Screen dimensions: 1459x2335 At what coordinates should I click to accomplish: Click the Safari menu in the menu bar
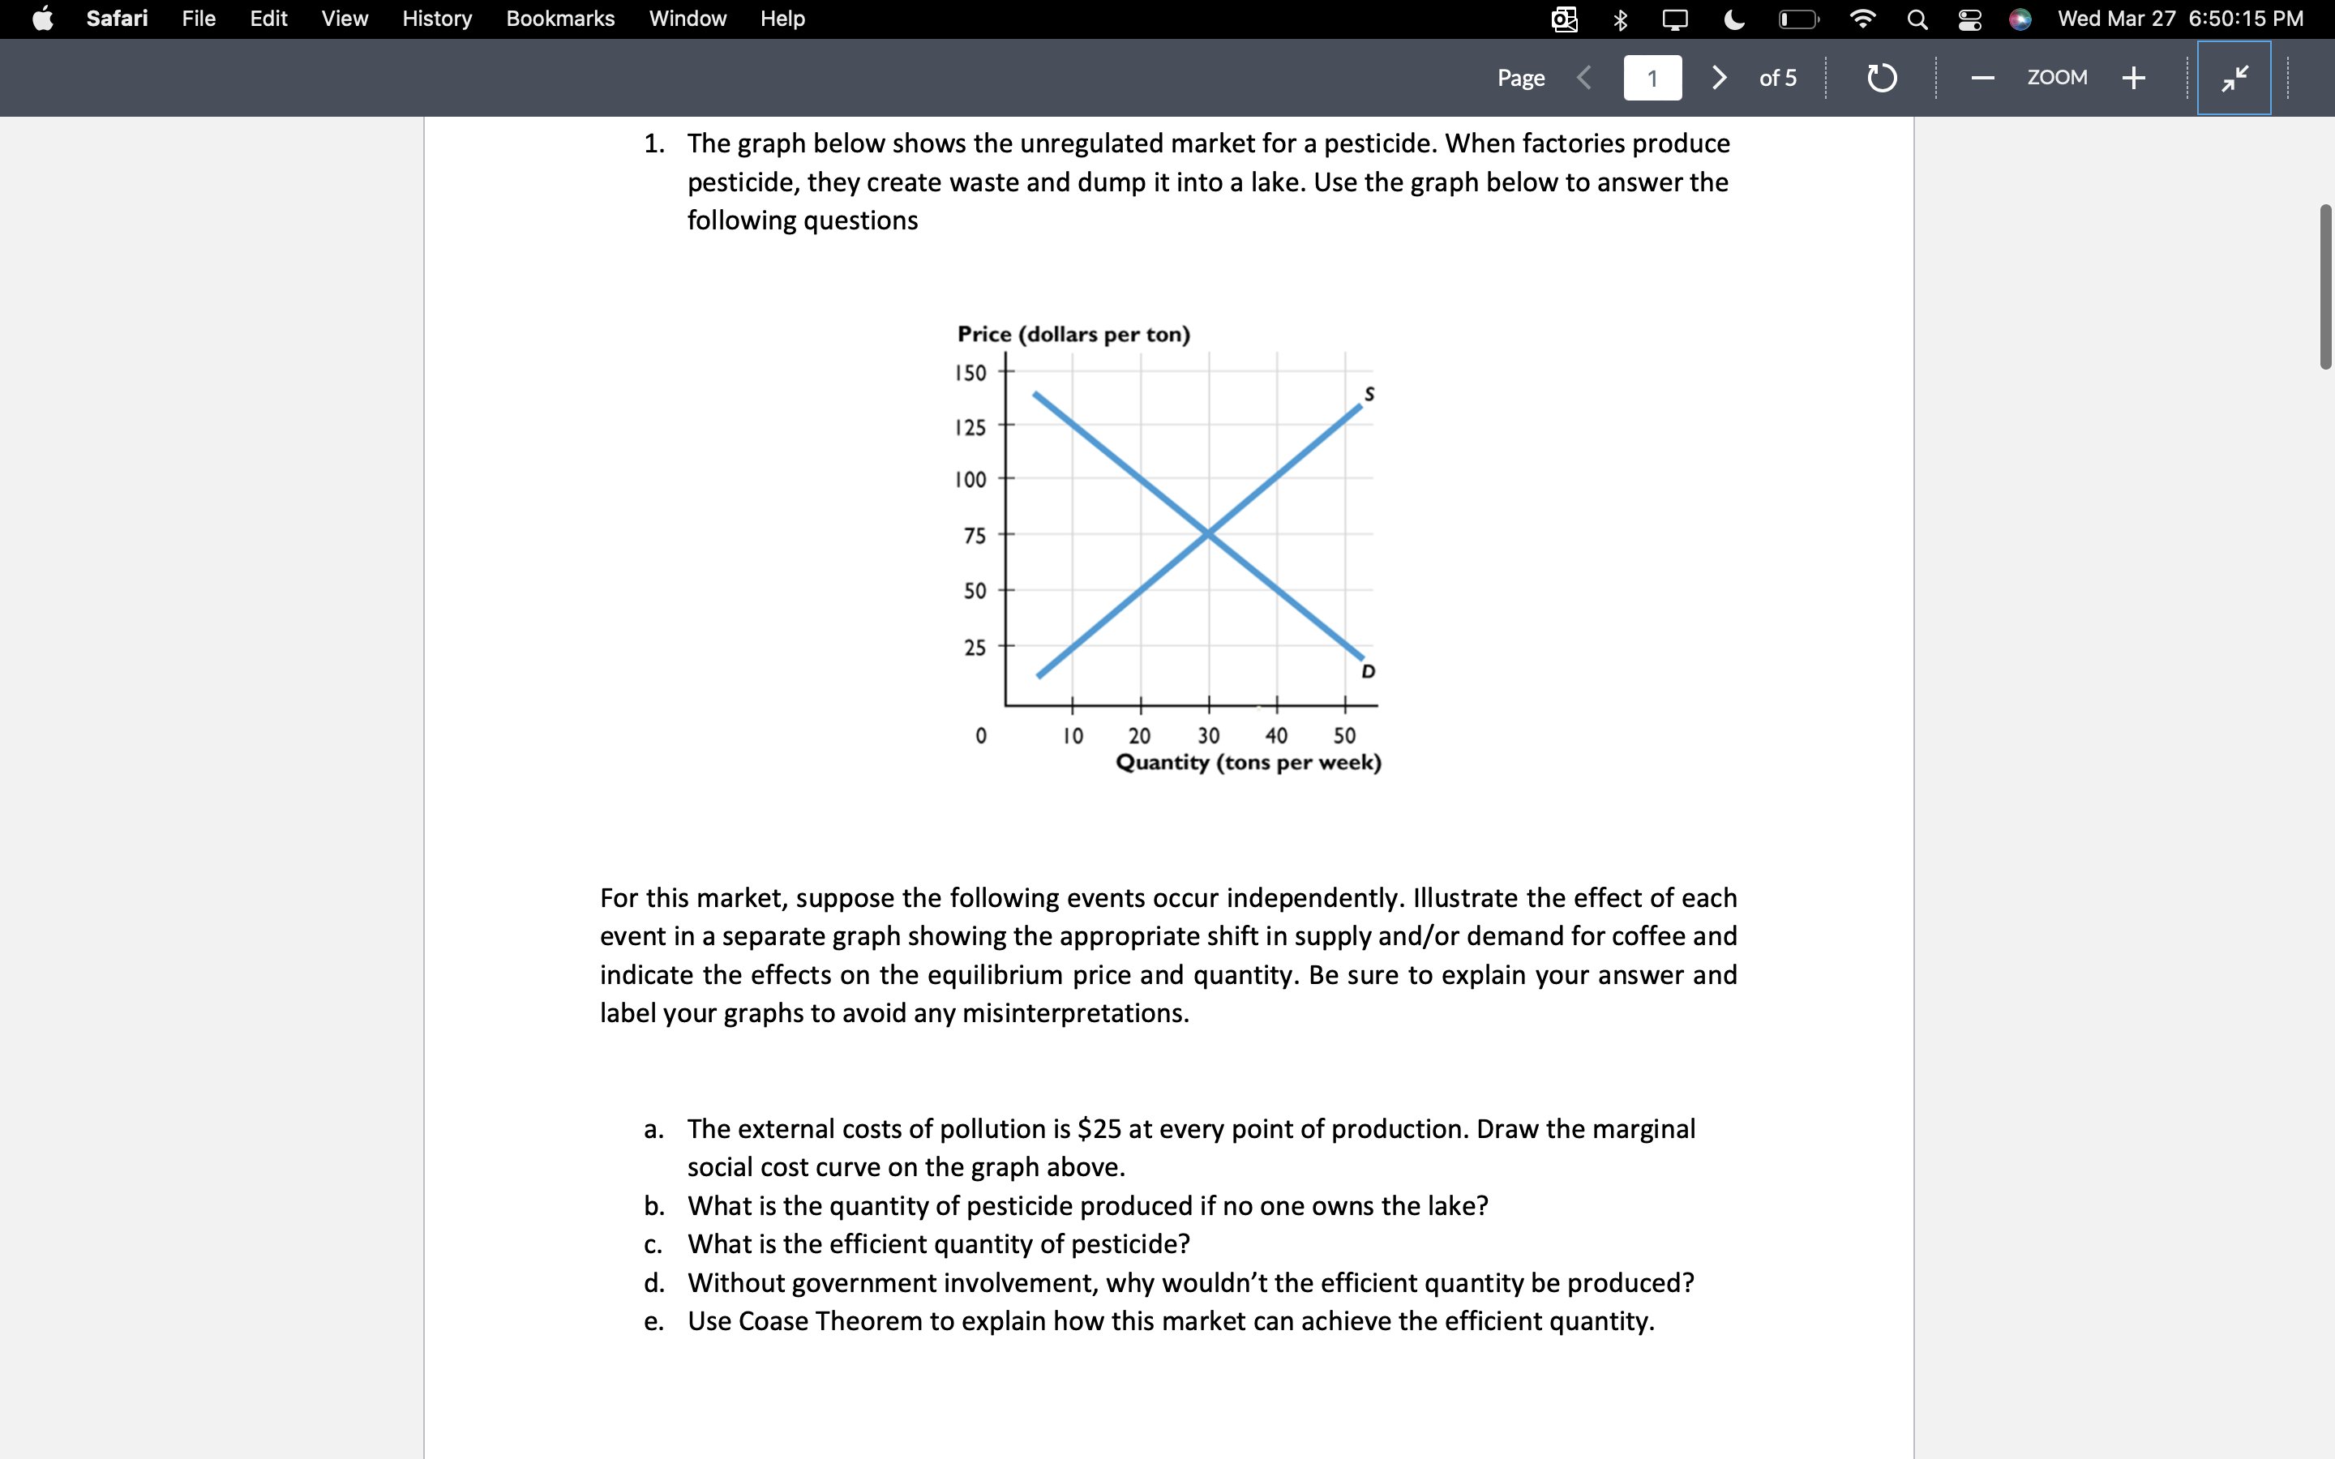coord(117,19)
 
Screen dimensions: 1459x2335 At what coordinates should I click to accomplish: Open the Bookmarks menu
coord(559,19)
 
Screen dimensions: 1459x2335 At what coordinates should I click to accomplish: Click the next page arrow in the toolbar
coord(1719,77)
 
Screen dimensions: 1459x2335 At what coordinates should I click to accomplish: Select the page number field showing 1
coord(1652,78)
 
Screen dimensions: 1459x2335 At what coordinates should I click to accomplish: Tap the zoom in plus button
coord(2133,77)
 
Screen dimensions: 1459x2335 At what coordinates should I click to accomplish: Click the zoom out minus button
coord(1983,77)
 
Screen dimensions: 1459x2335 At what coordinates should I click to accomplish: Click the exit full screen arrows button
coord(2234,77)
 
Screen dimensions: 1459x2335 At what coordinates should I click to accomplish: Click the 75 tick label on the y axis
coord(975,536)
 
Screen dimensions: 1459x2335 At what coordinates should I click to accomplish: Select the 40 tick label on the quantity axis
coord(1275,735)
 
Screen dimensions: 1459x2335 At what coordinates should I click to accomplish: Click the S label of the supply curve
coord(1369,394)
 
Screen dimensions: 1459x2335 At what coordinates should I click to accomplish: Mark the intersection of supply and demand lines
coord(1208,533)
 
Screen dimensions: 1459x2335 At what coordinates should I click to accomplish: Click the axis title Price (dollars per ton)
coord(1073,334)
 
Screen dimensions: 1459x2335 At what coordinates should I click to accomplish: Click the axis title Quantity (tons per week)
coord(1248,762)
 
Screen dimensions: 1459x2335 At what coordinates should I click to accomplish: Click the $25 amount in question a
coord(1099,1128)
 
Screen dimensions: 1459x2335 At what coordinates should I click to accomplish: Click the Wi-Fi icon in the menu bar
coord(1862,19)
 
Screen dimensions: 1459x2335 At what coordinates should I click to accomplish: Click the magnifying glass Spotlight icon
coord(1917,19)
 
